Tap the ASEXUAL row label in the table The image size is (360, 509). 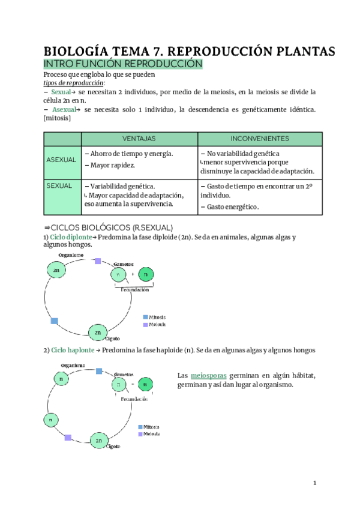(61, 160)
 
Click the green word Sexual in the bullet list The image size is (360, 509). (61, 92)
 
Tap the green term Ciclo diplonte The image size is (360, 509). (71, 237)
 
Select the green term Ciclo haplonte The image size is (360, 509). (71, 350)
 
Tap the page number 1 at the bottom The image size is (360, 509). (314, 483)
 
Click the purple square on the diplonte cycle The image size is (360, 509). (97, 261)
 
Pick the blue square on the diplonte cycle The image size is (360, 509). (55, 321)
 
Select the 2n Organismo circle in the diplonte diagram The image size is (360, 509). (57, 271)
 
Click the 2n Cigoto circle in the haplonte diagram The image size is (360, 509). (99, 441)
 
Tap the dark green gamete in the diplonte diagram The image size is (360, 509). (145, 275)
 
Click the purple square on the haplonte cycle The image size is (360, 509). (68, 438)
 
